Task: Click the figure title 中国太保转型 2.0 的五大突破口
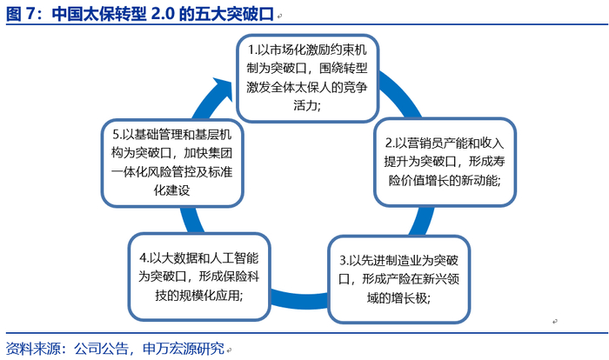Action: (163, 14)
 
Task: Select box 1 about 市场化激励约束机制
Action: (308, 78)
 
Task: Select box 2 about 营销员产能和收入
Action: (445, 162)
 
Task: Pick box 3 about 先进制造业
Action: (398, 279)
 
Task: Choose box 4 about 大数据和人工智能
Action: (199, 277)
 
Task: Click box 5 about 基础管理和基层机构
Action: (172, 163)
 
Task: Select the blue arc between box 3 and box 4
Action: (299, 299)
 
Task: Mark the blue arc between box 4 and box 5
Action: (191, 220)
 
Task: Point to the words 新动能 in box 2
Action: (478, 181)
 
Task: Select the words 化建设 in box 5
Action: (171, 190)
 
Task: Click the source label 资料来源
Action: (33, 349)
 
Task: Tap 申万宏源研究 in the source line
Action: (184, 349)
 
